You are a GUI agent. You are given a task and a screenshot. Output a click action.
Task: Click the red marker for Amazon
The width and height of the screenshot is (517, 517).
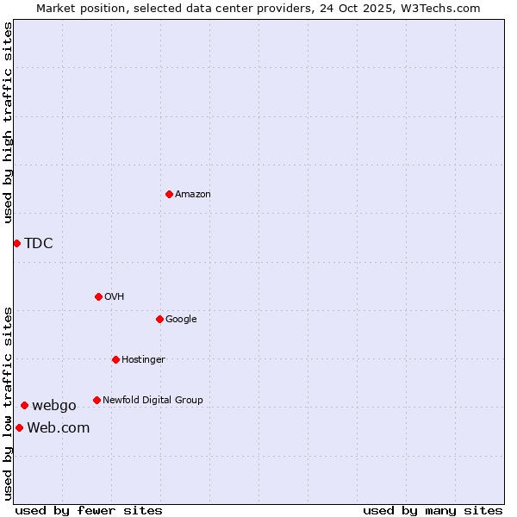[x=169, y=194]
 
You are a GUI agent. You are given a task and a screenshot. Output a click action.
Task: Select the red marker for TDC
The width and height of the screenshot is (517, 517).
[x=16, y=243]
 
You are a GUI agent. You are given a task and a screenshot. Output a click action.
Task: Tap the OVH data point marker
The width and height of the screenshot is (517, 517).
[x=98, y=296]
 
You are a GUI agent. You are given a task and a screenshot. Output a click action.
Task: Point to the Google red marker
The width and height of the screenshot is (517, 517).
[x=159, y=319]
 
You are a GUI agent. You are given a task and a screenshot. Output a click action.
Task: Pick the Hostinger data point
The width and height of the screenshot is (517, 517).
[x=115, y=359]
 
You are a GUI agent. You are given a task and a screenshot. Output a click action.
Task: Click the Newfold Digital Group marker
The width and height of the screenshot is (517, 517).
[x=97, y=400]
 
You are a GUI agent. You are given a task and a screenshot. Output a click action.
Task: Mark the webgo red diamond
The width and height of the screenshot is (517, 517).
[x=24, y=405]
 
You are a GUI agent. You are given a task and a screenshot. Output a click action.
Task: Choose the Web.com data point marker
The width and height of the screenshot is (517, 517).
[x=19, y=427]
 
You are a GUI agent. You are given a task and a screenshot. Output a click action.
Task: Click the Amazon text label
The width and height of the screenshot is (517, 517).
[x=193, y=194]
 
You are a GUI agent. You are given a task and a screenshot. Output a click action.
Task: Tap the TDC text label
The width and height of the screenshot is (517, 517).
[x=39, y=243]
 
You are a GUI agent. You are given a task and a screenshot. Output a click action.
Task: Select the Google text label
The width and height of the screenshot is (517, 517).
[x=181, y=319]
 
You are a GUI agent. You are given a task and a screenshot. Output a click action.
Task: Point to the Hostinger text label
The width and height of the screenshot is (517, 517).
[x=143, y=359]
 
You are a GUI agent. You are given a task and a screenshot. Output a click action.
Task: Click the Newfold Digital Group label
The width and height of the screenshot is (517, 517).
[x=153, y=400]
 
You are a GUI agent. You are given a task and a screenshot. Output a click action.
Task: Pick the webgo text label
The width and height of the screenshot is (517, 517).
[x=54, y=405]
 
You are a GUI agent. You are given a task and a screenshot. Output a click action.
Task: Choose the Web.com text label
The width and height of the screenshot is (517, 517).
[x=58, y=427]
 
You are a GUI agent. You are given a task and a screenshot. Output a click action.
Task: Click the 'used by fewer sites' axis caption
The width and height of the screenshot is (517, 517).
[x=89, y=510]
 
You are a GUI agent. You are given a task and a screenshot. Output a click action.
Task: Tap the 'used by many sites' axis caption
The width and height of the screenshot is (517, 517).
[x=433, y=510]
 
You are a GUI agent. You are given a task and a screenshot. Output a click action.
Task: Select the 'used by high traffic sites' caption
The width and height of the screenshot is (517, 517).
[x=8, y=122]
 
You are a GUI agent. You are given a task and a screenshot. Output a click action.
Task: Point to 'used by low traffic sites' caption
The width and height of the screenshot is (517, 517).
[x=8, y=403]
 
